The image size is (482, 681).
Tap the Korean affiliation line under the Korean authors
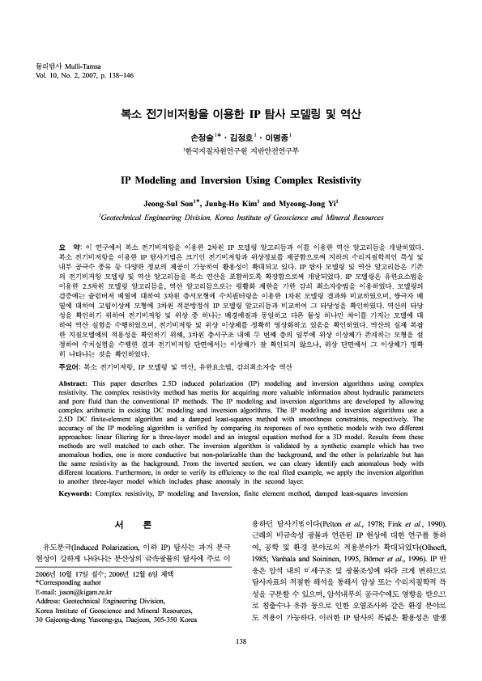click(x=241, y=151)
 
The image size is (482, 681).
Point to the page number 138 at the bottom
click(x=241, y=641)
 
